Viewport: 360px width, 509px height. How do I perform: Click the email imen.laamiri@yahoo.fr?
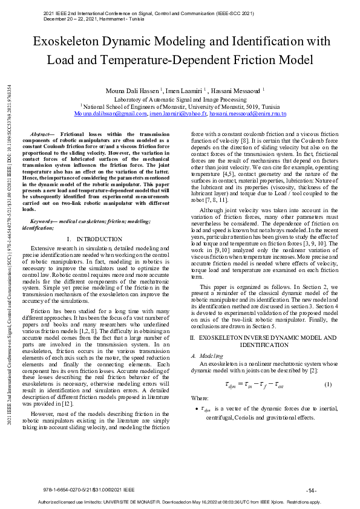click(177, 114)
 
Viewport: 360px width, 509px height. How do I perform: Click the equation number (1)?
click(327, 384)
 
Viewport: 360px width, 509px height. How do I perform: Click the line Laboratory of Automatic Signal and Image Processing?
click(180, 99)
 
